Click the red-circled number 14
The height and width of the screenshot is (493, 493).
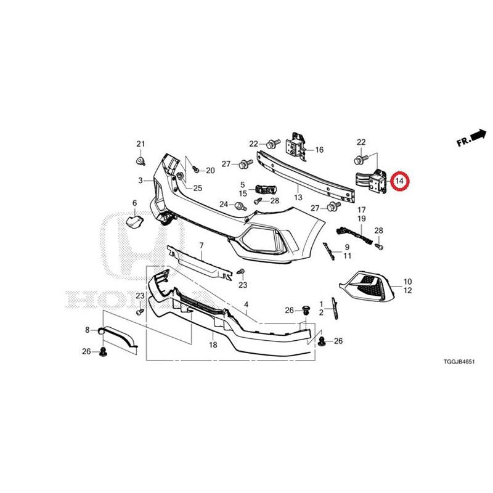(399, 181)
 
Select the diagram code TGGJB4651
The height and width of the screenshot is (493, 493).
(458, 362)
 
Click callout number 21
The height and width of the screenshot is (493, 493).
(141, 144)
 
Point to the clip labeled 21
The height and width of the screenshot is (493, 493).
(141, 161)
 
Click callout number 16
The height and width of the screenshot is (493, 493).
(319, 150)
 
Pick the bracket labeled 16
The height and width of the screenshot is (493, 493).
(296, 147)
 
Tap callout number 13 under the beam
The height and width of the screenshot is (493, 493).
(298, 197)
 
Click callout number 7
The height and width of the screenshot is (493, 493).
(202, 245)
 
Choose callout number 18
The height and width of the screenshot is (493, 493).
(213, 345)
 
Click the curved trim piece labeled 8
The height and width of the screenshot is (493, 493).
(117, 337)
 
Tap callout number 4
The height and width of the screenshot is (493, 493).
(246, 304)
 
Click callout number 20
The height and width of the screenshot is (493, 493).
(210, 171)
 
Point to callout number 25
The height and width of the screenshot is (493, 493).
(197, 188)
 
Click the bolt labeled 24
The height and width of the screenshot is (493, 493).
(240, 206)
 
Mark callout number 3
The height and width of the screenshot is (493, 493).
(141, 181)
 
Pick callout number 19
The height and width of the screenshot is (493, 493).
(362, 219)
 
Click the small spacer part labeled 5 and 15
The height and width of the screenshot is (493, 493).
(266, 189)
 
